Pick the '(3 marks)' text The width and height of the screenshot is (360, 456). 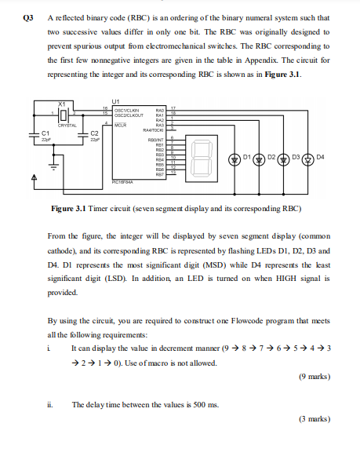(x=315, y=441)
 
